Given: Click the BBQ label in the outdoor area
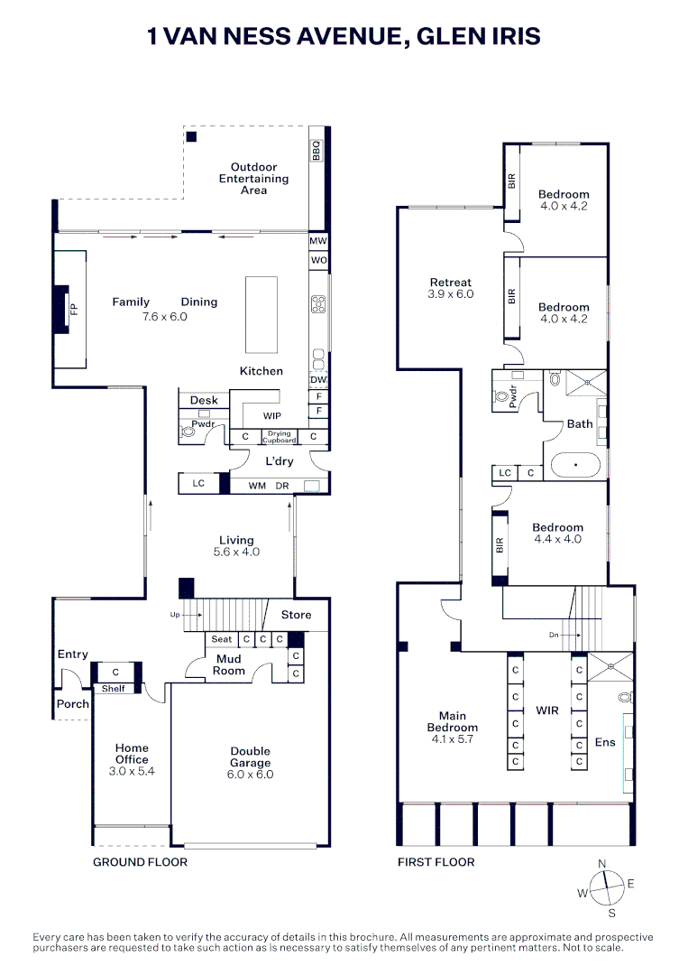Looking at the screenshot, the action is click(316, 151).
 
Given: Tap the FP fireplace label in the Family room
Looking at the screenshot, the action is click(74, 309).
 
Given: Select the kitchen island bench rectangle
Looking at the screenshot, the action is click(261, 315).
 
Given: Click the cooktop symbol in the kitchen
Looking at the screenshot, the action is click(318, 304).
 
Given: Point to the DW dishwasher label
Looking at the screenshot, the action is click(318, 380).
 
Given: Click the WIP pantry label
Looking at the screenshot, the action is click(272, 416).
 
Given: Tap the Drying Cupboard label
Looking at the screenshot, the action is click(280, 437).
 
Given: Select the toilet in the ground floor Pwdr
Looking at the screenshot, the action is click(187, 431).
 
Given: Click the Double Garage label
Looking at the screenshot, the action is click(251, 757).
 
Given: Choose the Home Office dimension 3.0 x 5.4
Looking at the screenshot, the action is click(132, 771).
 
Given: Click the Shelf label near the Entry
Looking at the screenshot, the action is click(113, 688).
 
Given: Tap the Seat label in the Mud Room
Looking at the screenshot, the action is click(221, 639).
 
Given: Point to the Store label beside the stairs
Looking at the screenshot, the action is click(296, 615).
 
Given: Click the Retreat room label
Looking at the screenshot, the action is click(451, 283).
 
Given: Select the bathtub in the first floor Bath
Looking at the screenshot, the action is click(575, 465).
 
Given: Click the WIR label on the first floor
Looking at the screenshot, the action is click(547, 710).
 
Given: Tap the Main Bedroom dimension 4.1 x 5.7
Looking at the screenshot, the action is click(452, 739).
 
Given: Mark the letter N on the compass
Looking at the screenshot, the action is click(601, 864).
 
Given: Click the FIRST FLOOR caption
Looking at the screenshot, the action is click(436, 862).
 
